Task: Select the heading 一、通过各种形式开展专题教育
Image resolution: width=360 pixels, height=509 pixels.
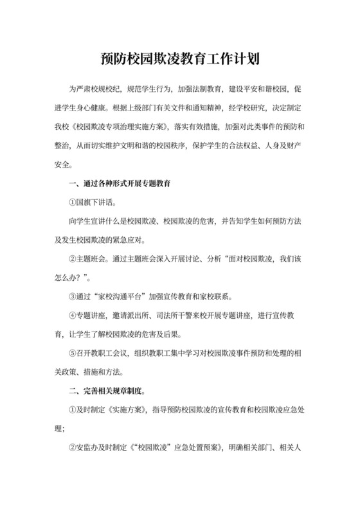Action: (120, 185)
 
